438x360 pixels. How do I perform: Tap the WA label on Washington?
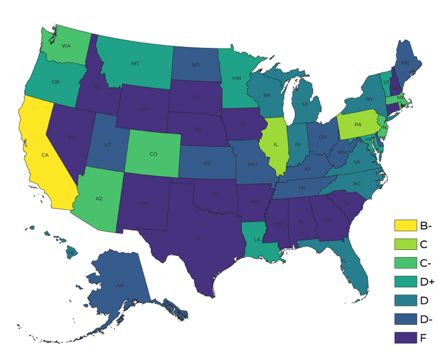[x=64, y=45]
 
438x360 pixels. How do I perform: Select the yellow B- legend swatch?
[x=405, y=225]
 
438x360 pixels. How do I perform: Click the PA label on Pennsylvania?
[x=358, y=124]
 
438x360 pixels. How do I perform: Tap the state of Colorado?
[x=153, y=154]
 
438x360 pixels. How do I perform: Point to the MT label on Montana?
[x=135, y=64]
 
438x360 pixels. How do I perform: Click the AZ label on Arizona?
[x=99, y=199]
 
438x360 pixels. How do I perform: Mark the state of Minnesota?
[x=237, y=79]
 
